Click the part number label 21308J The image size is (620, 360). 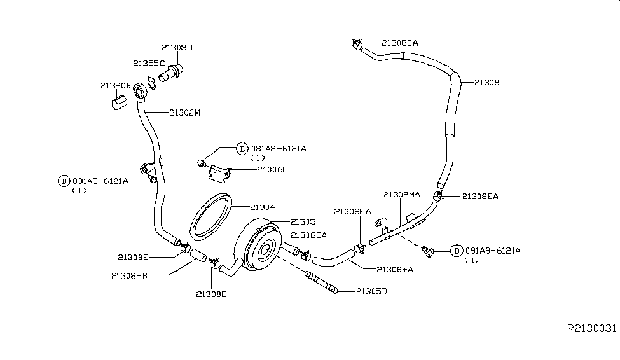pyautogui.click(x=177, y=48)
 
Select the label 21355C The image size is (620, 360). pyautogui.click(x=149, y=63)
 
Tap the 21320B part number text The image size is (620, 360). pyautogui.click(x=116, y=85)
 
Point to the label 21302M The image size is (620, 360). pyautogui.click(x=184, y=113)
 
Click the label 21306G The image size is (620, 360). pyautogui.click(x=272, y=170)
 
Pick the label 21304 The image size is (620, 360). pyautogui.click(x=262, y=207)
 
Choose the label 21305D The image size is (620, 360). pyautogui.click(x=372, y=291)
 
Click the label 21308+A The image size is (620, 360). pyautogui.click(x=395, y=270)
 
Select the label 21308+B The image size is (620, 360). pyautogui.click(x=129, y=276)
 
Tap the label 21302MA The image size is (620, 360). pyautogui.click(x=402, y=195)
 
